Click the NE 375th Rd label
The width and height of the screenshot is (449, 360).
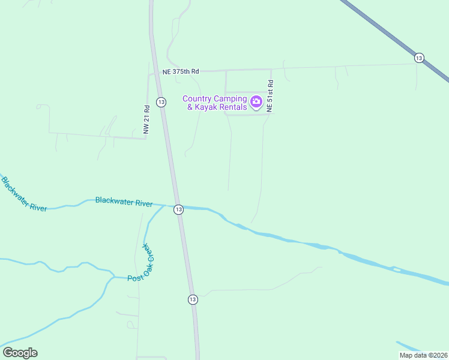point(180,71)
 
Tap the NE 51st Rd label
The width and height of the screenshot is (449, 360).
point(270,95)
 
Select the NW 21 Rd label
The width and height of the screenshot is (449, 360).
point(146,120)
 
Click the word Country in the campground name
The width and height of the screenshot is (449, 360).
point(201,99)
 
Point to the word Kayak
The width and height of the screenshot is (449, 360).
point(210,107)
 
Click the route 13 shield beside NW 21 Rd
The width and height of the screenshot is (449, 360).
point(161,102)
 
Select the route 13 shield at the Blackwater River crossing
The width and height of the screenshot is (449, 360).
point(178,209)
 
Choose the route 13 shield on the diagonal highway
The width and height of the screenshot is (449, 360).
point(419,58)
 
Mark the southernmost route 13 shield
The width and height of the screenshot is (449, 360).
point(192,299)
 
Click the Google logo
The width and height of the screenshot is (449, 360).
point(20,353)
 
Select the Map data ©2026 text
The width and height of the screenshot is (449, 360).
point(423,355)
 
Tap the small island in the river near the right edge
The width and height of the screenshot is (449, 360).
point(396,270)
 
